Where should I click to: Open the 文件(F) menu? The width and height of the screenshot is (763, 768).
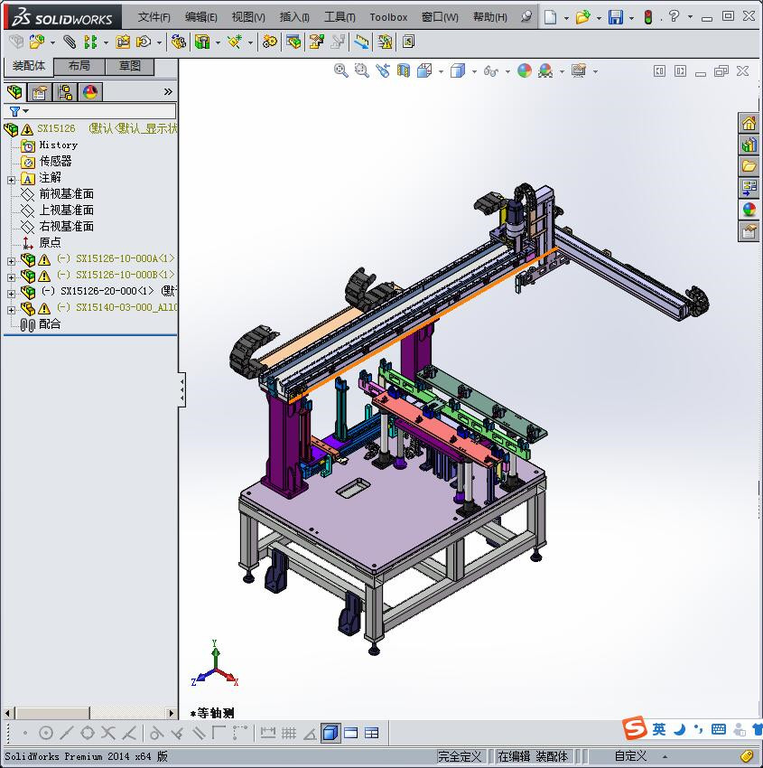pos(154,17)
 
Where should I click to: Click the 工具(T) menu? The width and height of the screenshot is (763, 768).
pos(340,17)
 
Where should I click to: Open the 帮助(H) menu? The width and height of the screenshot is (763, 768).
pos(490,17)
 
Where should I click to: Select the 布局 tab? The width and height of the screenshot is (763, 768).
pos(79,66)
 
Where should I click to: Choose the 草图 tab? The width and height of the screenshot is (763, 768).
pos(130,66)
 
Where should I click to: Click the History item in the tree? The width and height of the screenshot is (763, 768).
pos(58,145)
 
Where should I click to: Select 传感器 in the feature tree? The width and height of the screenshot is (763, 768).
pos(55,161)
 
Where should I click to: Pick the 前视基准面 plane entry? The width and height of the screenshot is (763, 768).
pos(66,193)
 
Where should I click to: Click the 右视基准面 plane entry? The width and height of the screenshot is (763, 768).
pos(66,226)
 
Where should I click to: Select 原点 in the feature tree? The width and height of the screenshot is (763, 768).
pos(50,242)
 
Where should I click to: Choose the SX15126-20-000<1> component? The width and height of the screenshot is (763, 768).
pos(107,291)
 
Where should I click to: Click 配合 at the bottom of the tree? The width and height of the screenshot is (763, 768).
pos(50,323)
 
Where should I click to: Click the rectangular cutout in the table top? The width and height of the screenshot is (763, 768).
pos(351,489)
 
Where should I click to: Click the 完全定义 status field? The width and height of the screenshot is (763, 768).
pos(461,756)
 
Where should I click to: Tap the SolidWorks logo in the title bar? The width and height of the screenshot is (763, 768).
pos(62,17)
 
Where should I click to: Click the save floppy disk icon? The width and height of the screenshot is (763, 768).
pos(615,17)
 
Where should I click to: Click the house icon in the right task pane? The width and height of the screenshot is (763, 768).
pos(749,124)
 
